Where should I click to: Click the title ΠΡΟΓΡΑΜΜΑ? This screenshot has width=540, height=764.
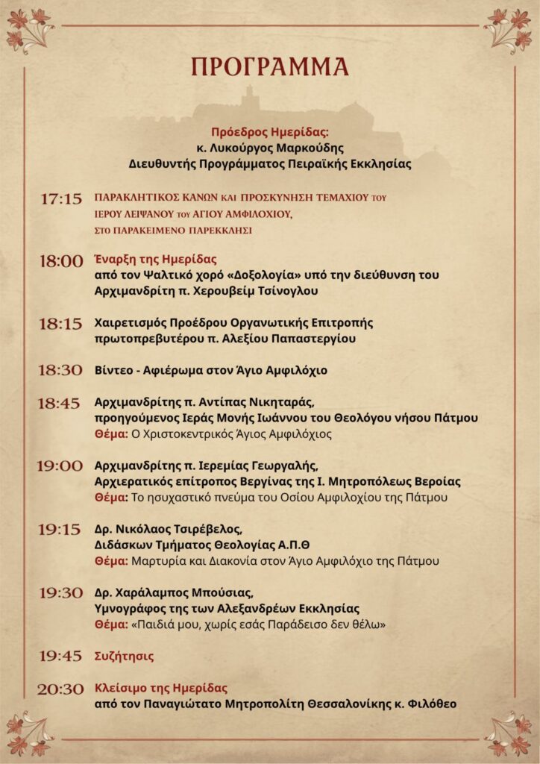[x=270, y=67]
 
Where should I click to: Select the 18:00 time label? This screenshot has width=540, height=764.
[x=61, y=261]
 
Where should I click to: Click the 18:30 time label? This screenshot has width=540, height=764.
[x=61, y=370]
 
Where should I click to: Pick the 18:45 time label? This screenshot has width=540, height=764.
[x=59, y=403]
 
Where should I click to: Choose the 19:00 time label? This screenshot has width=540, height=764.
[x=60, y=466]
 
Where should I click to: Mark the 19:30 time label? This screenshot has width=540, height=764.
[x=61, y=592]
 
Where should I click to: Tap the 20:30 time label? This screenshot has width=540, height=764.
[x=61, y=689]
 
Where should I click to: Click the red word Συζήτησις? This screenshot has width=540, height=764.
[x=125, y=656]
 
